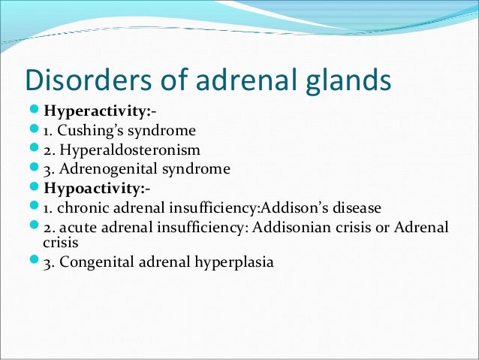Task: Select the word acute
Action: click(x=76, y=226)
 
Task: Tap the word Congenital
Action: click(x=92, y=262)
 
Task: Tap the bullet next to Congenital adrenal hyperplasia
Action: click(x=35, y=262)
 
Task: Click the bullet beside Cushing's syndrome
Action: click(x=35, y=131)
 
